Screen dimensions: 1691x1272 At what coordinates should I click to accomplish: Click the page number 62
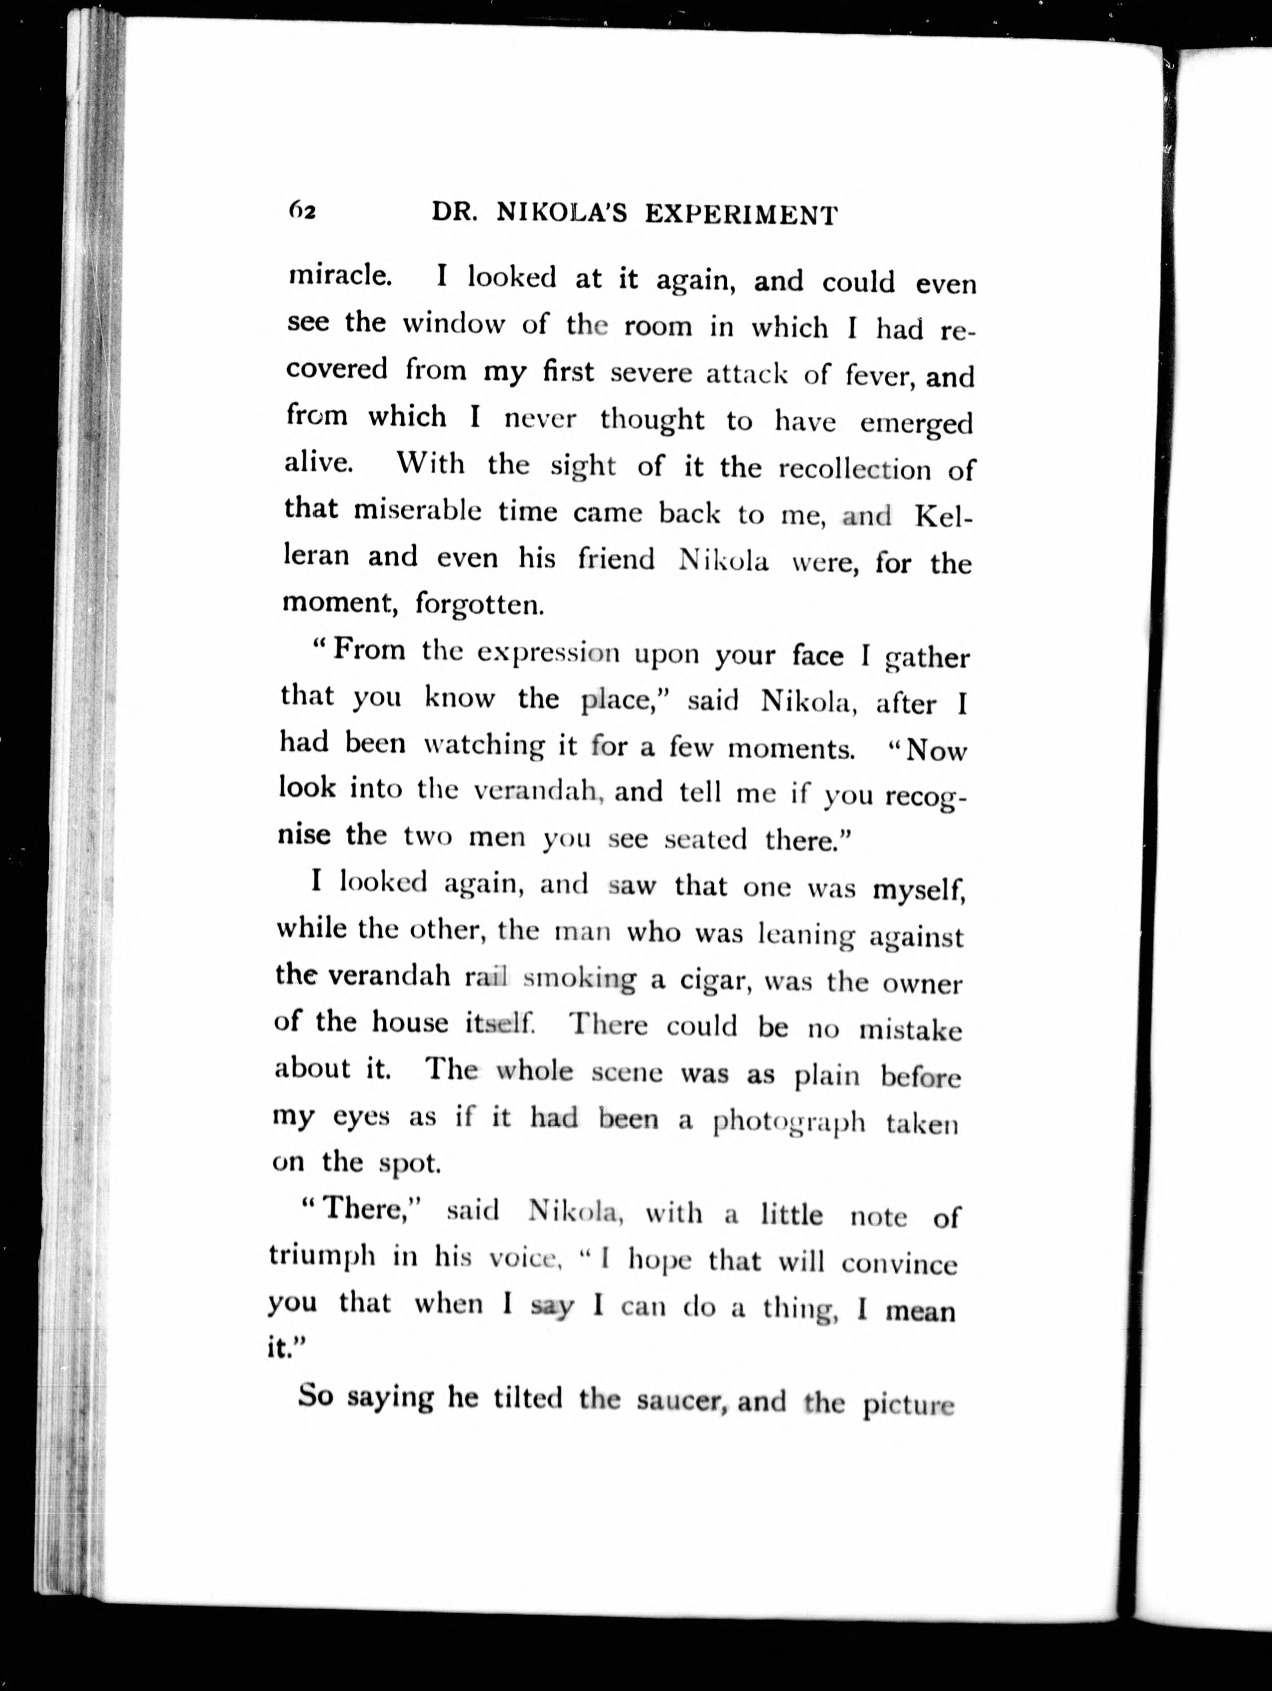(303, 211)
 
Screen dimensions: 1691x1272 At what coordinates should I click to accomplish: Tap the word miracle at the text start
(339, 275)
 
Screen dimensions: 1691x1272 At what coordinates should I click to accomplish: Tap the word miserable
(417, 510)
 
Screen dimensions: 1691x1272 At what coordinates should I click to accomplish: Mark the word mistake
(911, 1030)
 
